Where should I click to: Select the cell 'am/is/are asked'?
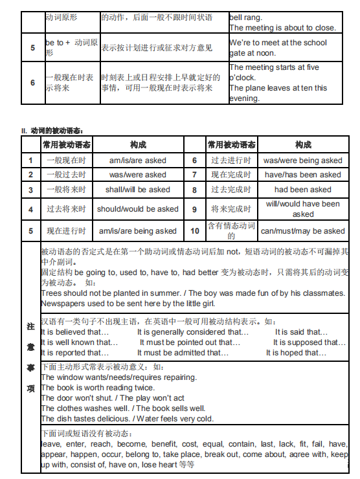[137, 161]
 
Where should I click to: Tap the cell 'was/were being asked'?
[302, 161]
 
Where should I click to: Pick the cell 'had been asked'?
[302, 190]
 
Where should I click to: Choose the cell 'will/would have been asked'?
[302, 208]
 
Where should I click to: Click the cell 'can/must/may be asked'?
[302, 231]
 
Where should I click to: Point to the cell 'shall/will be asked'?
[137, 190]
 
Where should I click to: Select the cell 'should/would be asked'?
[137, 209]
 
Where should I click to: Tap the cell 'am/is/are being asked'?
[137, 231]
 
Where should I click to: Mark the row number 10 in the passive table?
[195, 231]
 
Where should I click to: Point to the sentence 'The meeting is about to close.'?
[283, 28]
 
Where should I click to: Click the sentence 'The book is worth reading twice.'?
[98, 388]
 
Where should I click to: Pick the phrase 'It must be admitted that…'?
[183, 353]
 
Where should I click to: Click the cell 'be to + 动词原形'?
[71, 47]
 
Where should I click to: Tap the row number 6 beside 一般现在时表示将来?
[32, 83]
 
